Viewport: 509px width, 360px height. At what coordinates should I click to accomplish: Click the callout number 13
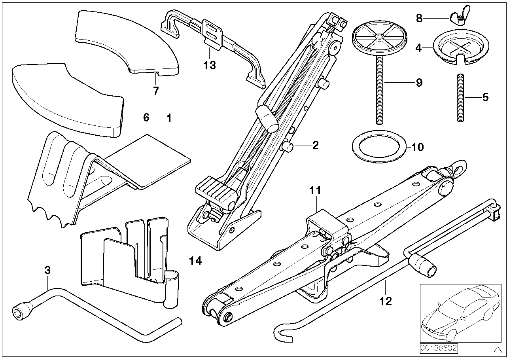[x=210, y=65]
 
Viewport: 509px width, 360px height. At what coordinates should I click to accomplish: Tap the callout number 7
[x=156, y=91]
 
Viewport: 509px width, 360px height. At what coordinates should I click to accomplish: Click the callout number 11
[x=315, y=191]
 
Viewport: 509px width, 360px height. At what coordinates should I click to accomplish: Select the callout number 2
[x=315, y=146]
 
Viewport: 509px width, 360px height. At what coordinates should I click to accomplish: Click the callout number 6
[x=146, y=118]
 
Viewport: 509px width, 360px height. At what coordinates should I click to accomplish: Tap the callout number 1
[x=169, y=118]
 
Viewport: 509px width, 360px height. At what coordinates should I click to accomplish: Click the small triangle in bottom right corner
[x=497, y=350]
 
